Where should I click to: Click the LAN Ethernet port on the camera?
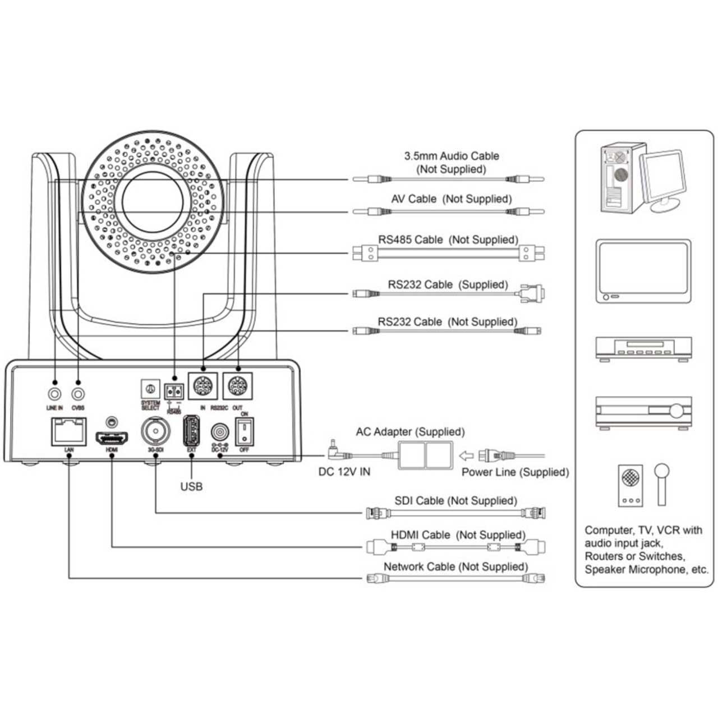(x=68, y=431)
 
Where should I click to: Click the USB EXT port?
(x=192, y=431)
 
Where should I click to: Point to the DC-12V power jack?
(x=219, y=434)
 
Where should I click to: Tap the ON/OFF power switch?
(x=244, y=432)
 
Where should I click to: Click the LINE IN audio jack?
(x=55, y=392)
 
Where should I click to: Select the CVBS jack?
(x=78, y=392)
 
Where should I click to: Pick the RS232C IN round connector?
(x=202, y=386)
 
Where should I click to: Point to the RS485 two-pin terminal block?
(x=174, y=390)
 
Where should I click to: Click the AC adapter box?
(x=425, y=455)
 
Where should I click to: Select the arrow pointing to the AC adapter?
(x=467, y=455)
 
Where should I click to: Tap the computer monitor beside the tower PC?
(x=663, y=178)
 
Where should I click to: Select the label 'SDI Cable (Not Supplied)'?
(x=455, y=500)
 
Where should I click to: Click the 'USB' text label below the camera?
(x=191, y=486)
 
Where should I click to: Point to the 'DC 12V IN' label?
(x=344, y=472)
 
